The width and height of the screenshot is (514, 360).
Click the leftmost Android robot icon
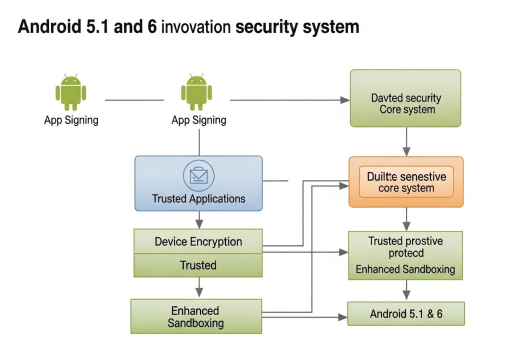[x=69, y=92]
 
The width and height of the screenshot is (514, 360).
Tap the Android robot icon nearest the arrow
[x=197, y=92]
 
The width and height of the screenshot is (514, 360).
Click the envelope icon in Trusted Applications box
[x=198, y=176]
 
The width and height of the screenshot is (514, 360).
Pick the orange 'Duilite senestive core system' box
[x=404, y=182]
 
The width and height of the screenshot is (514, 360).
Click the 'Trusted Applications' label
[x=198, y=199]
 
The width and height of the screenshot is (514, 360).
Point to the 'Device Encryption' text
[x=198, y=242]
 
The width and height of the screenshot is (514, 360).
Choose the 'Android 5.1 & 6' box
[x=405, y=314]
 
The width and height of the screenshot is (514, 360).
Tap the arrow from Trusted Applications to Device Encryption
[x=198, y=220]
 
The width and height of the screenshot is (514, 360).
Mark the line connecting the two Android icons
[x=135, y=100]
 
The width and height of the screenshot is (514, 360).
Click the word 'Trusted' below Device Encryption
[x=198, y=265]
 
